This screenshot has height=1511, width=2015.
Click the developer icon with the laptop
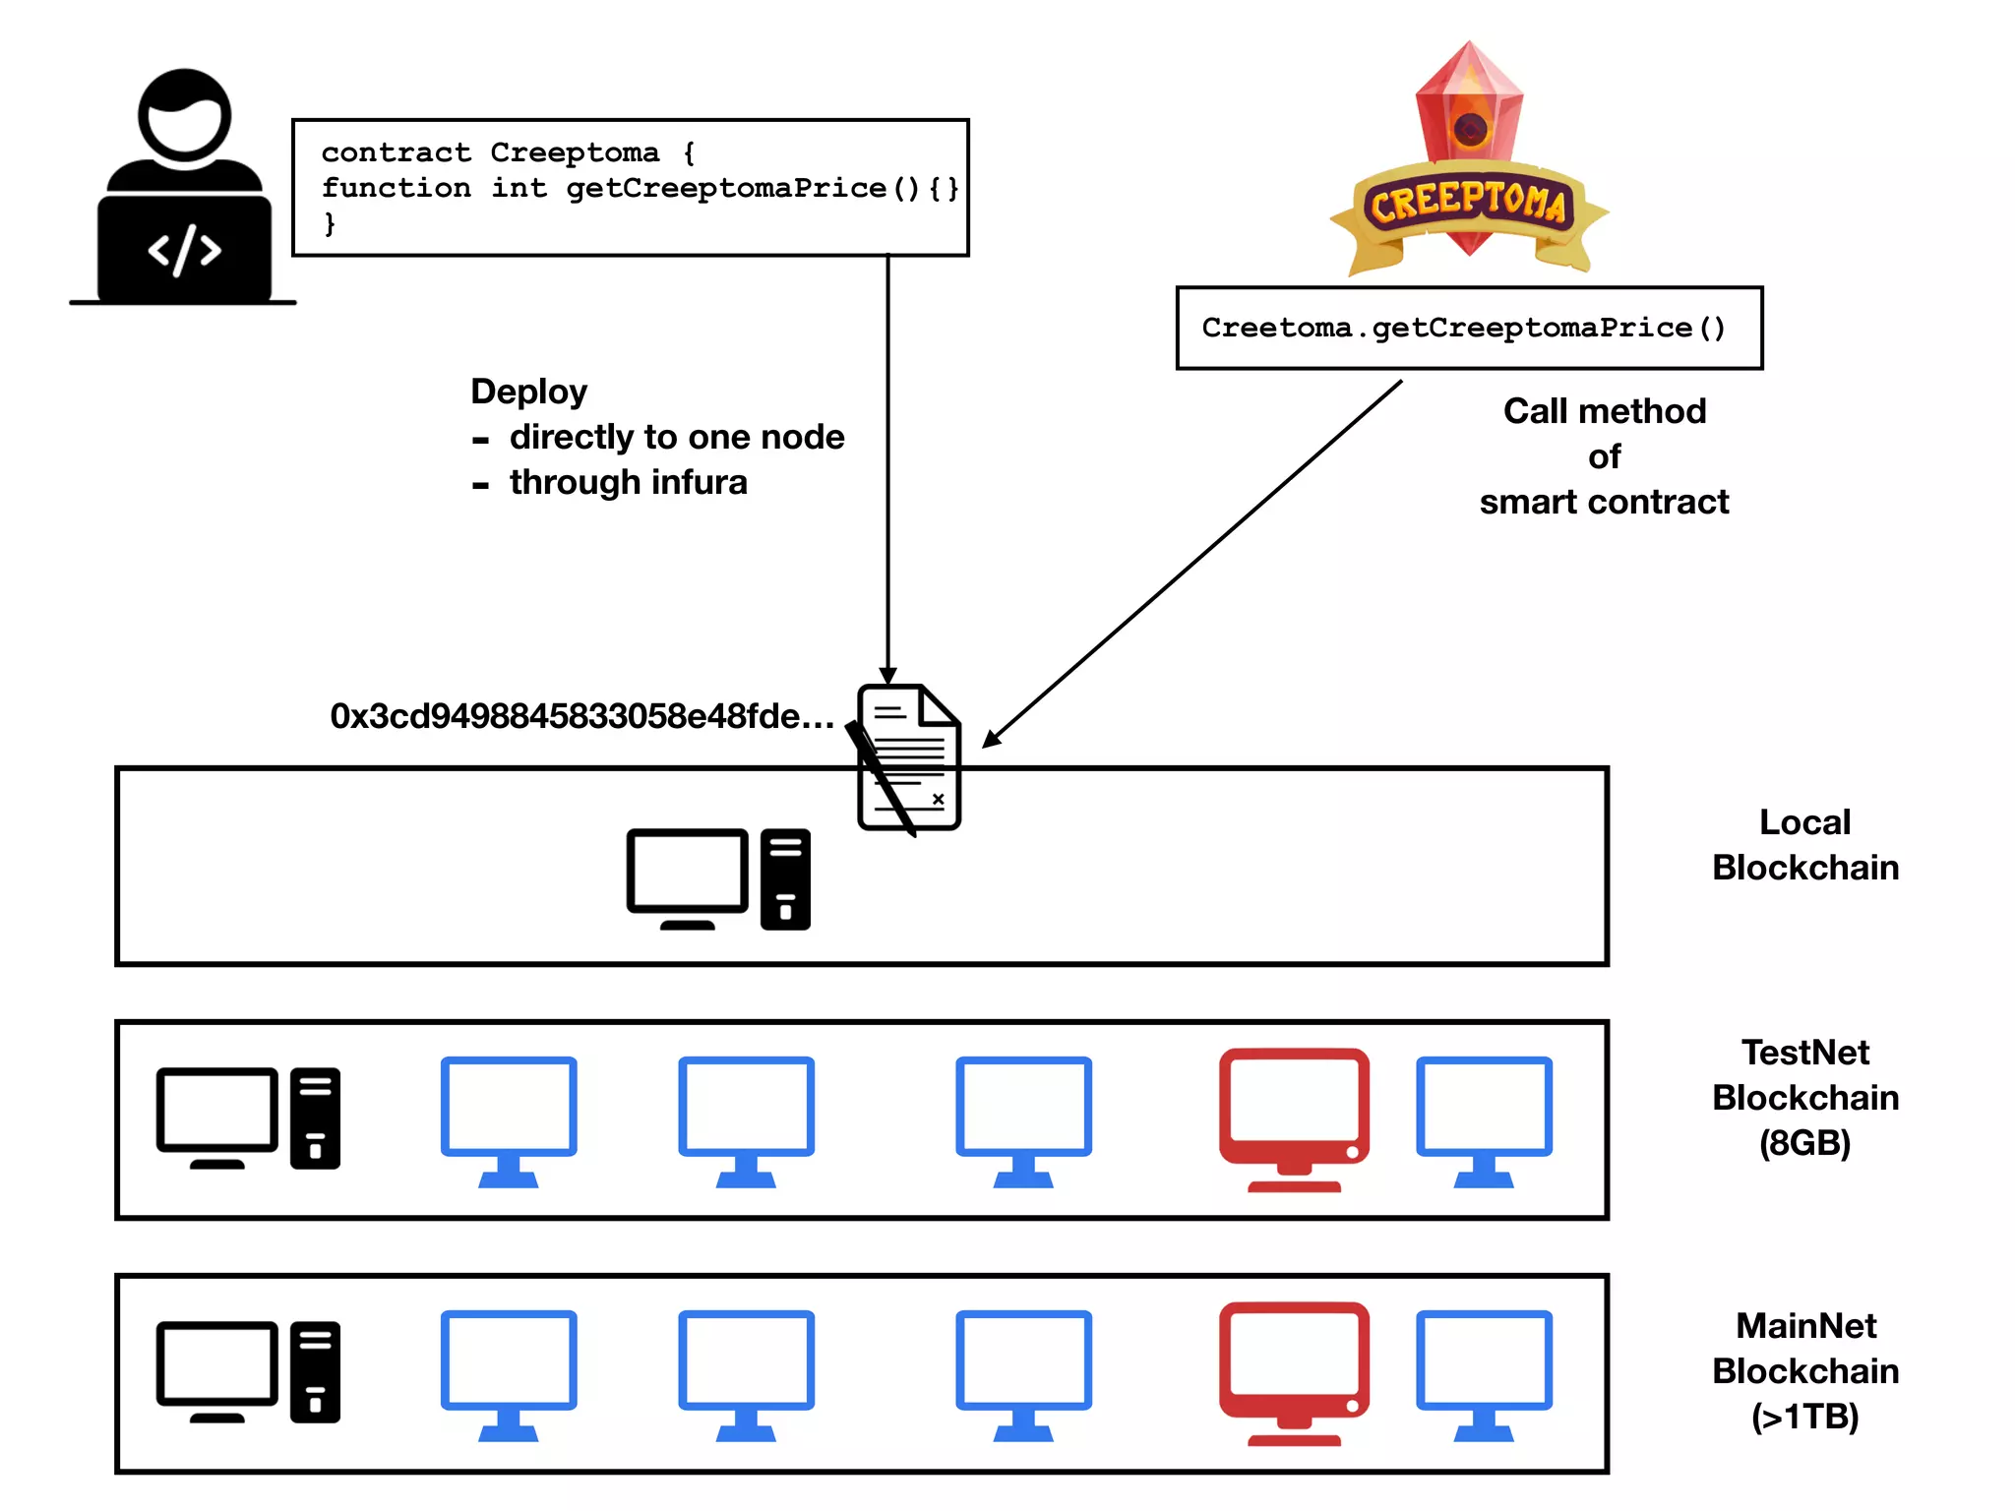183,187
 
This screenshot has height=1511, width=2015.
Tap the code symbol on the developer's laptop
184,251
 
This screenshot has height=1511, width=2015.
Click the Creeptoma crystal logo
1469,157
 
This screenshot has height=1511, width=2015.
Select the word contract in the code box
396,152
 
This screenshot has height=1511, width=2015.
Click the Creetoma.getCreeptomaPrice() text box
1468,329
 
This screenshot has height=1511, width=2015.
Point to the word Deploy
528,392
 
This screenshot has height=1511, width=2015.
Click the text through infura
628,482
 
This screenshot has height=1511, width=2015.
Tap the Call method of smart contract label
1604,456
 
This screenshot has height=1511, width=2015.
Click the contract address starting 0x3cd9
581,716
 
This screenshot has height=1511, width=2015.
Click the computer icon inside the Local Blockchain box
718,878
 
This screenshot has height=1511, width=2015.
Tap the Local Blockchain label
1804,845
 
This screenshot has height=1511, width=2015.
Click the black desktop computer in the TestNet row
248,1118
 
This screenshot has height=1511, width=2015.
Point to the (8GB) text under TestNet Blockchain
1804,1143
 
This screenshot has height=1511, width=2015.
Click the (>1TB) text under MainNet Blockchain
1804,1417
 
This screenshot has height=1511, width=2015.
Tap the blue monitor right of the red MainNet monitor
1484,1373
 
